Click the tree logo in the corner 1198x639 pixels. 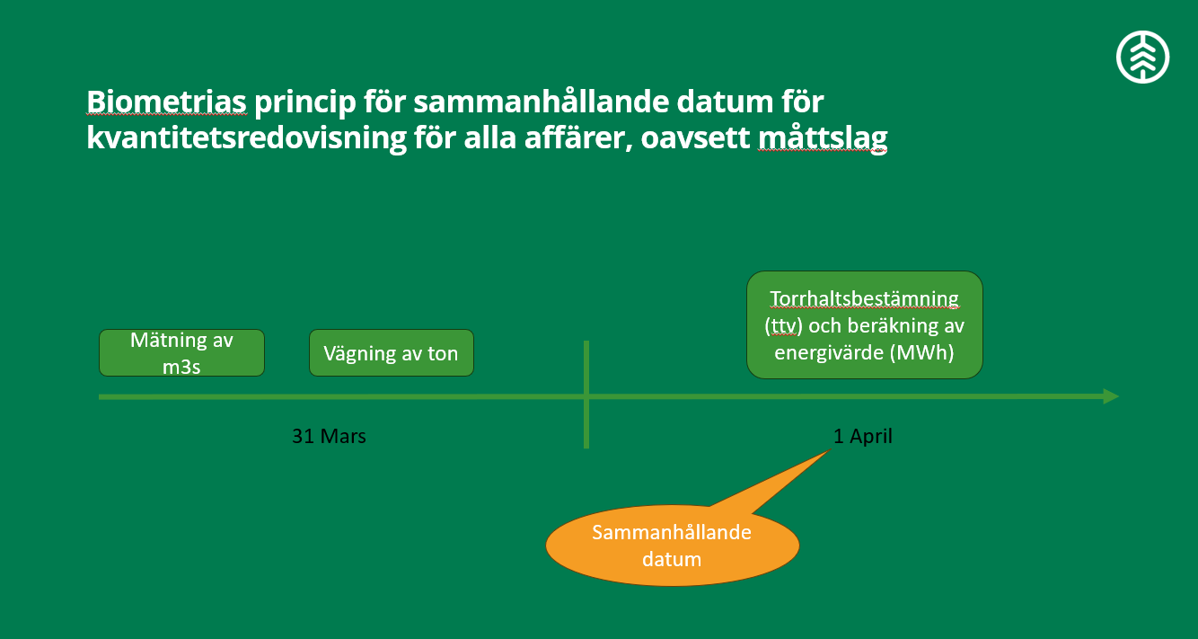point(1142,57)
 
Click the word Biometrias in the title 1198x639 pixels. point(166,102)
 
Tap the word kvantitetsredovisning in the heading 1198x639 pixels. point(247,138)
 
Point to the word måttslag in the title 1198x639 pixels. point(823,138)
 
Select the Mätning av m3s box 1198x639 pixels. point(181,352)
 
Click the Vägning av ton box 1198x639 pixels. point(392,352)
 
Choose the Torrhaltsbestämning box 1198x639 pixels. point(864,324)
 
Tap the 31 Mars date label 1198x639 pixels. point(329,436)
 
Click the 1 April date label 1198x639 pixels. point(863,436)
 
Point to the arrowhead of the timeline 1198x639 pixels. point(1112,396)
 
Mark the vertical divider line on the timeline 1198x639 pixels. point(586,395)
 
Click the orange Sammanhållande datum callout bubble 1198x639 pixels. point(673,545)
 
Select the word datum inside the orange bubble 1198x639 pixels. point(672,559)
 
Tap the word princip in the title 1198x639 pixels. point(304,102)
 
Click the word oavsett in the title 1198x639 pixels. point(695,138)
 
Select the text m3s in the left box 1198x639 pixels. point(181,367)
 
